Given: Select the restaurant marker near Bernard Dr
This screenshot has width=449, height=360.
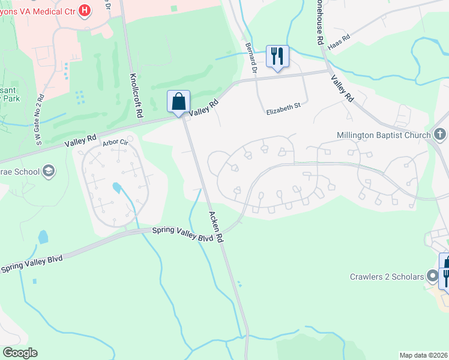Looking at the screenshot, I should point(277,56).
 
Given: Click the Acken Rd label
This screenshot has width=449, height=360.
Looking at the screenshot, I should point(216,226).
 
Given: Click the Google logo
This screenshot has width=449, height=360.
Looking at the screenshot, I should point(20,352).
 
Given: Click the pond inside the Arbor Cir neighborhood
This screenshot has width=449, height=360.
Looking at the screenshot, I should point(117,188).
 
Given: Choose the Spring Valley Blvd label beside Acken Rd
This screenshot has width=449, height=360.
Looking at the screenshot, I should point(182,234).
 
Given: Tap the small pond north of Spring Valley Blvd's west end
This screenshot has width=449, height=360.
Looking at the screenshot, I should point(43,236).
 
